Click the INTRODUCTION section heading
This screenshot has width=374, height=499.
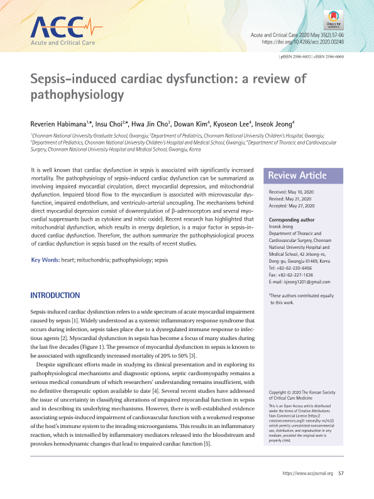(x=55, y=295)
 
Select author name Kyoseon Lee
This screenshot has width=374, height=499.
(x=235, y=124)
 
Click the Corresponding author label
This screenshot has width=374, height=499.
(x=295, y=220)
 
